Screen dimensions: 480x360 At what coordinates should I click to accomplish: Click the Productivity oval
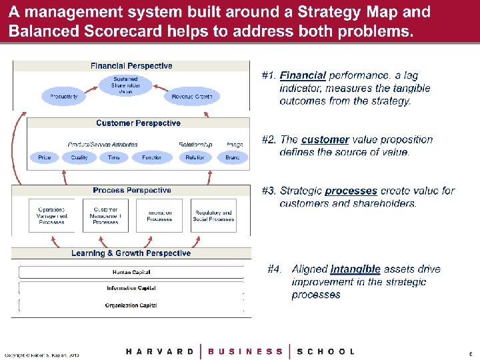point(64,97)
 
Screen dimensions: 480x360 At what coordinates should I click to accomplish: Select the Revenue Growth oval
point(191,97)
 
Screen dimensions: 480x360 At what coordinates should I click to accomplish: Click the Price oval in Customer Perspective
point(45,157)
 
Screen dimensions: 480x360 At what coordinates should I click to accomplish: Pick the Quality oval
point(79,157)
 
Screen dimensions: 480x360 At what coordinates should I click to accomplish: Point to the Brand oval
point(233,157)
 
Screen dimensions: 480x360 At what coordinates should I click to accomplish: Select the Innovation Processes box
point(160,215)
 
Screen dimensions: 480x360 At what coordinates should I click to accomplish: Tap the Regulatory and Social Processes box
point(213,215)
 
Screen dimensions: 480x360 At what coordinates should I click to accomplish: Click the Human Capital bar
point(131,272)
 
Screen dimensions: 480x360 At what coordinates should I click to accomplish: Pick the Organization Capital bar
point(131,305)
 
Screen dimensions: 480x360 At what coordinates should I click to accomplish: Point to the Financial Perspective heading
point(131,66)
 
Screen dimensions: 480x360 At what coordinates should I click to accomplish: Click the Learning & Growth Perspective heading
point(131,253)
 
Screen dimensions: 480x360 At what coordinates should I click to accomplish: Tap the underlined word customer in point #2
point(325,140)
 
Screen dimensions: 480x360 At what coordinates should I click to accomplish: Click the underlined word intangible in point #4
point(355,269)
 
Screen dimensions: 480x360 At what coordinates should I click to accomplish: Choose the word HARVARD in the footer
point(160,351)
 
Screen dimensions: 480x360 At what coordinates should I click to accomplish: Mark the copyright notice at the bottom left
point(41,355)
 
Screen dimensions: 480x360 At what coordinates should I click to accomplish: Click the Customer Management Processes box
point(105,215)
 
